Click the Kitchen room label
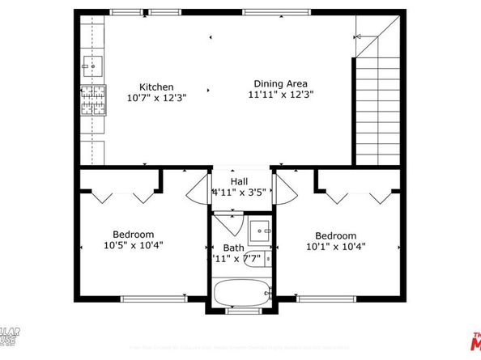click(155, 87)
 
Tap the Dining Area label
click(280, 83)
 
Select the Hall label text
click(240, 182)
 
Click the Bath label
click(234, 248)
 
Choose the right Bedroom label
click(335, 235)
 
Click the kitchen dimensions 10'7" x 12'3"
click(155, 97)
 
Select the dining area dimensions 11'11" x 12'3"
click(280, 94)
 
